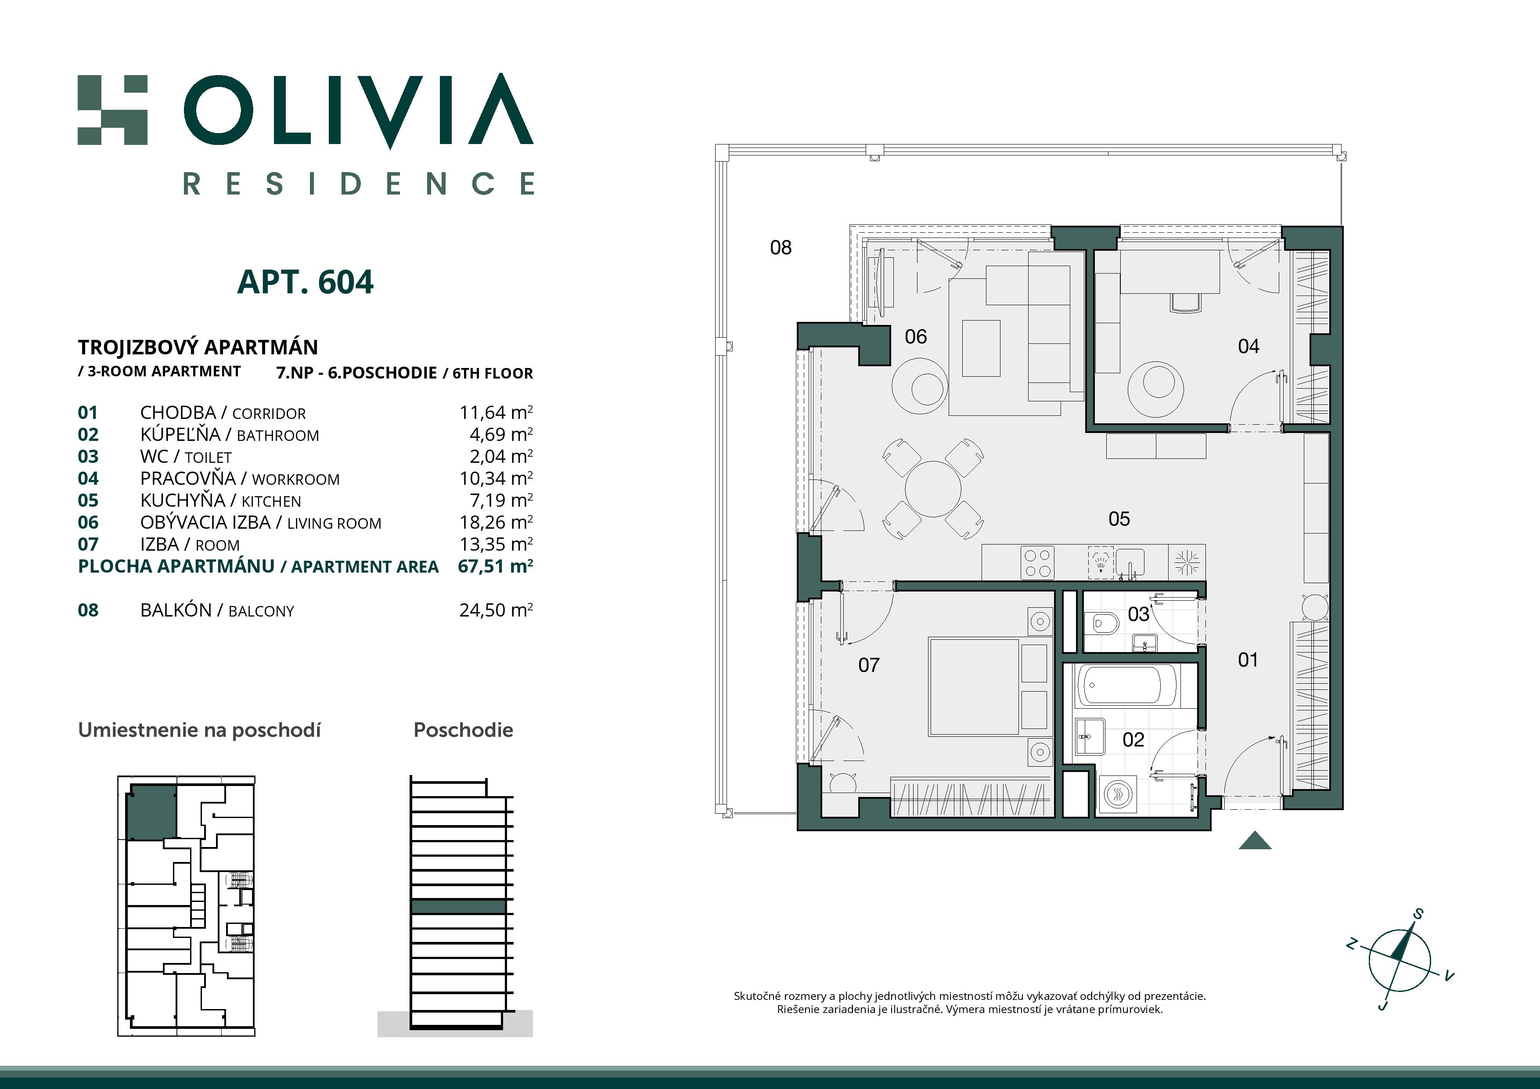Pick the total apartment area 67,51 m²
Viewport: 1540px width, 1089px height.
click(495, 566)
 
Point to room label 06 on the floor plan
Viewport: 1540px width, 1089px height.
click(916, 336)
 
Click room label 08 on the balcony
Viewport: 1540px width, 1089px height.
click(781, 248)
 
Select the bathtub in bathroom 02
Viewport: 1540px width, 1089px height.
click(1127, 685)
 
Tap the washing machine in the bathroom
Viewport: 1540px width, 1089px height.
click(1118, 795)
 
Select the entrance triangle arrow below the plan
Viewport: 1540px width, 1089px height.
click(1255, 841)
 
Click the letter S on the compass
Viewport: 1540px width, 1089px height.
click(1418, 914)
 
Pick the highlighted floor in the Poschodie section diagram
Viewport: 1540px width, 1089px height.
click(458, 906)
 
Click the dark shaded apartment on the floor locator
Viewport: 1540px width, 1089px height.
click(152, 812)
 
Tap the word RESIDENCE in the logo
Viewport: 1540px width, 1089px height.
click(359, 183)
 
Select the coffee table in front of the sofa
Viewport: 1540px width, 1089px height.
click(981, 348)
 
